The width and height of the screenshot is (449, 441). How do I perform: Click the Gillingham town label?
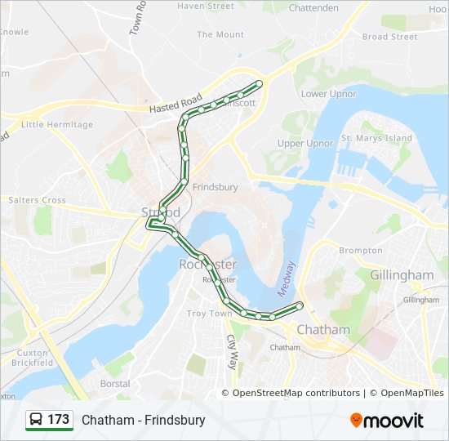(402, 275)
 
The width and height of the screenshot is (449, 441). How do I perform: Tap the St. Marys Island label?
(376, 138)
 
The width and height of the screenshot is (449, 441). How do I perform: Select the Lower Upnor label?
(329, 94)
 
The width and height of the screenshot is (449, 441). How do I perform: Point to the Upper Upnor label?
(305, 144)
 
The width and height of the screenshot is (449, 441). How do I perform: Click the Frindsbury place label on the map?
(216, 187)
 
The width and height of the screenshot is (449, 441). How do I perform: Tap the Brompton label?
(360, 251)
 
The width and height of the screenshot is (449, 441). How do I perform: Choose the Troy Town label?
(210, 314)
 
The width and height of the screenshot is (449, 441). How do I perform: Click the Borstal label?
(114, 383)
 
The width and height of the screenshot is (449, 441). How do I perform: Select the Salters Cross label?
(37, 200)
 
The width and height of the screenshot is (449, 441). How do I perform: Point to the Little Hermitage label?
(57, 125)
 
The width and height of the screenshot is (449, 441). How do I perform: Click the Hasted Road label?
(176, 104)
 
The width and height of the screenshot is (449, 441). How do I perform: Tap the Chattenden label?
(313, 8)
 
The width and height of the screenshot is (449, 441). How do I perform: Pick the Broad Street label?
(389, 37)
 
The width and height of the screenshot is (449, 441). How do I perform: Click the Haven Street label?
(206, 7)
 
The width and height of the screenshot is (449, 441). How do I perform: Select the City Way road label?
(231, 352)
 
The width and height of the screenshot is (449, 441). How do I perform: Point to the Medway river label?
(286, 278)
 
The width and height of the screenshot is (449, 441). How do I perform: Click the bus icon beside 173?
(36, 420)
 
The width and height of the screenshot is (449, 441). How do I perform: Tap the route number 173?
(59, 420)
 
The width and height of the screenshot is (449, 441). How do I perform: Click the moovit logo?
(387, 421)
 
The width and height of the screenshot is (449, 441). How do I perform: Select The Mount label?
(220, 35)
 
